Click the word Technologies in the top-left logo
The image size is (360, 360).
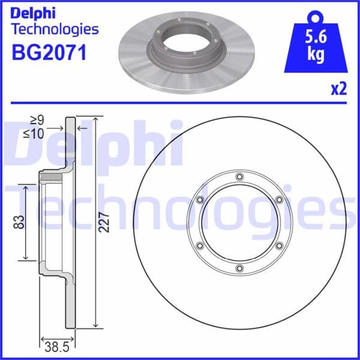55,28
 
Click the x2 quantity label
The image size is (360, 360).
339,89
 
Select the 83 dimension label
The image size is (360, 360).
18,223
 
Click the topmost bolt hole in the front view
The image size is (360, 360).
239,176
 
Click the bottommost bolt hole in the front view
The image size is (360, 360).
239,268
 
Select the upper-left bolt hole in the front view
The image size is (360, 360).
200,200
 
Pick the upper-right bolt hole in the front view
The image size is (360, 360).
279,200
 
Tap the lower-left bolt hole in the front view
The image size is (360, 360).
200,245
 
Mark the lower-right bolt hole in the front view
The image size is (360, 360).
279,245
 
